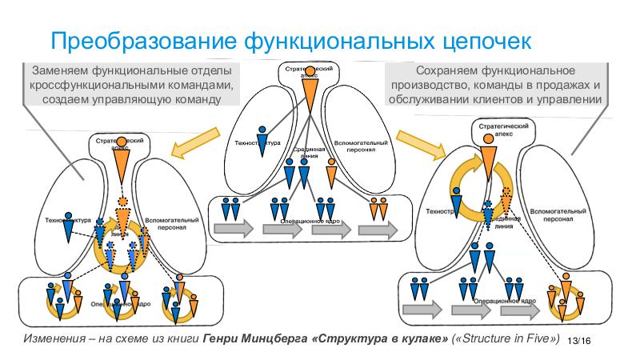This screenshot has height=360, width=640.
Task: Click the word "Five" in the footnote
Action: [x=532, y=338]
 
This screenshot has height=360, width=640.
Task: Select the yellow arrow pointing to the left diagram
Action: [x=190, y=146]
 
